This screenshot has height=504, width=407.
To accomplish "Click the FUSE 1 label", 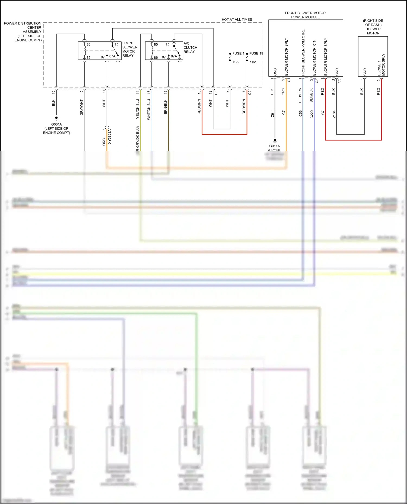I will pos(238,53).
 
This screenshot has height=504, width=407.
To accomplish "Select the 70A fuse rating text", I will pos(235,62).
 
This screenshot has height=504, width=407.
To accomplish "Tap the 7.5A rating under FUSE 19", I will pos(253,62).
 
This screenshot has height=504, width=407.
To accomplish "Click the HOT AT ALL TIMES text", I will pos(237,19).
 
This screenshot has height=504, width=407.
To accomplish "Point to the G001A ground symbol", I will pos(56,118).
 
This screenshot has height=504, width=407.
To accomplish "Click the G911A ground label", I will pos(274,146).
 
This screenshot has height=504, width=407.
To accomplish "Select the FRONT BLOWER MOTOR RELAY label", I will pos(129,49).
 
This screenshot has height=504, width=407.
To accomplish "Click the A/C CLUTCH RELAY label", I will pos(190,47).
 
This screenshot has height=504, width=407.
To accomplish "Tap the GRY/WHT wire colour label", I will pos(82,107).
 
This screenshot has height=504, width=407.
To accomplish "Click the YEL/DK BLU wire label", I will pos(138,109).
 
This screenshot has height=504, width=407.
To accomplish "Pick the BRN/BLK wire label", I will pos(166,107).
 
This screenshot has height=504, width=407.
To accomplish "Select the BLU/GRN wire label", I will pos(300,95).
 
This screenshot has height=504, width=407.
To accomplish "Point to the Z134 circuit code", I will pos(334,114).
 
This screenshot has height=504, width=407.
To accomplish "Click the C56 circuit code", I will pos(300,113).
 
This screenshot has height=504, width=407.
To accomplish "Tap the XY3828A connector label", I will pos(110,136).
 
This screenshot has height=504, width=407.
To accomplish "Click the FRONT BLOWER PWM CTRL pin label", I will pos(303,53).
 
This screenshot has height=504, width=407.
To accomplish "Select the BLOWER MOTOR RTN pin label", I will pos(314,58).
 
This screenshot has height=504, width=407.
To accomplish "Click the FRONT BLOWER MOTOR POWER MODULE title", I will pos(305,15).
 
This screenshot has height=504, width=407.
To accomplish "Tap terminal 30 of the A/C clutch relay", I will pos(168,45).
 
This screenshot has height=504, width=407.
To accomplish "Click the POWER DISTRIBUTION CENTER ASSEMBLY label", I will pos(23,31).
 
